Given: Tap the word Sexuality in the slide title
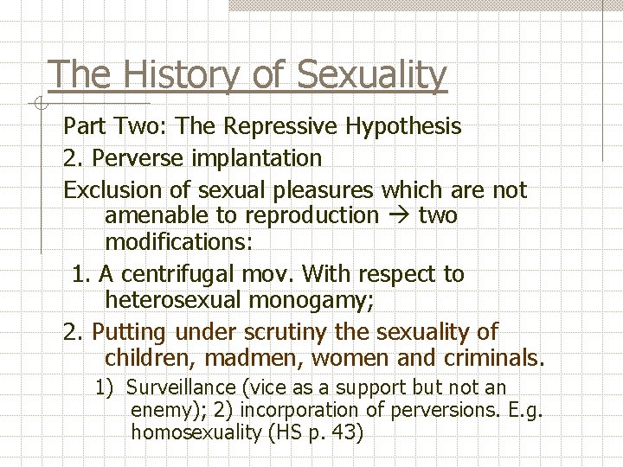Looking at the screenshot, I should pos(371,75).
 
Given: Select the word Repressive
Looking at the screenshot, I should pos(281,126).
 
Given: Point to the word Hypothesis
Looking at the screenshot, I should pos(403,126).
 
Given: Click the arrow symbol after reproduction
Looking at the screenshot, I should pos(398,214).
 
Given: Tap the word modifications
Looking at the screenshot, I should pos(178,241).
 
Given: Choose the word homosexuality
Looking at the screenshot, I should pos(194,432).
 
